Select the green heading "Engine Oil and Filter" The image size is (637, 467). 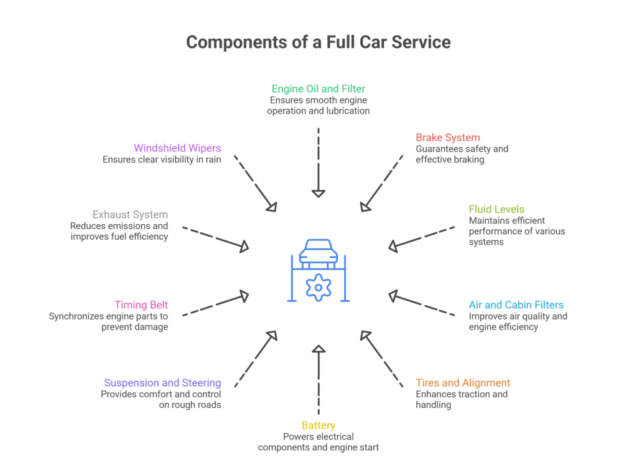coord(318,89)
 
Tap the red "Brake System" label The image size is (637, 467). coord(448,138)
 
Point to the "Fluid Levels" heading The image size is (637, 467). coord(496,209)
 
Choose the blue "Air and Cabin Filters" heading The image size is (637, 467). coord(516,305)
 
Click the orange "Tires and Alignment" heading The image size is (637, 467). coord(463,383)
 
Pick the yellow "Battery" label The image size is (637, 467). coord(318,425)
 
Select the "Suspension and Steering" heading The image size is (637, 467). coord(162,383)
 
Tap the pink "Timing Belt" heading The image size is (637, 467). coord(141,305)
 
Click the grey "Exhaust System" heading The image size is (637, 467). coord(130,215)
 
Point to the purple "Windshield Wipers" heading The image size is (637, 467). coord(177,148)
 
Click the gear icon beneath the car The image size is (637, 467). coord(318,288)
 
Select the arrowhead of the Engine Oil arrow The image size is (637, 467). coord(318,193)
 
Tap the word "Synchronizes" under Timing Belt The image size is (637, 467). coord(77,316)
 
